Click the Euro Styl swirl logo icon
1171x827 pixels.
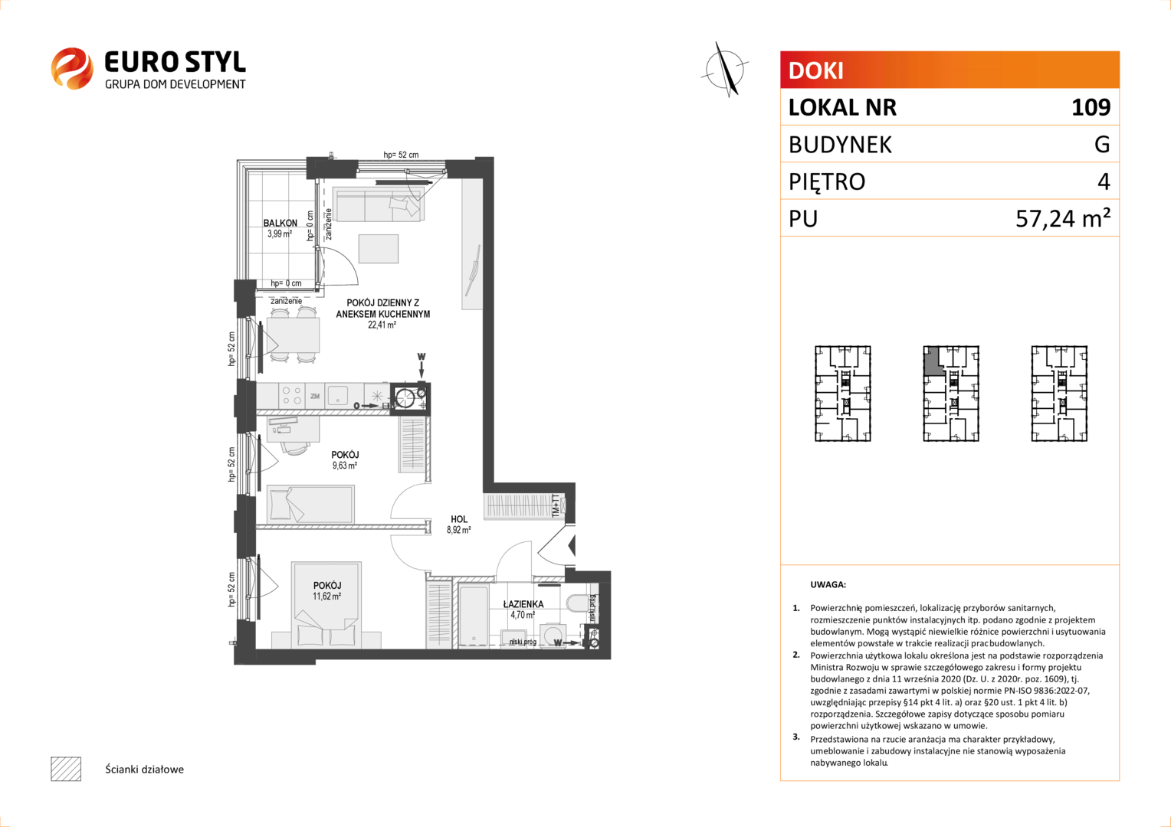72,68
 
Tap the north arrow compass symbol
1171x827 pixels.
725,70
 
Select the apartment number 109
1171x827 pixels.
1091,107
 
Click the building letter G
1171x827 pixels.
1102,144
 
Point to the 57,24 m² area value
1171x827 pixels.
1063,217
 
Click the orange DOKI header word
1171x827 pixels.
815,70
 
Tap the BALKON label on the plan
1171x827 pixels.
280,223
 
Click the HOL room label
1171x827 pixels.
459,518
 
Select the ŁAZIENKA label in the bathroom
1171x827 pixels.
523,604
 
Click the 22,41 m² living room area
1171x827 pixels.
382,325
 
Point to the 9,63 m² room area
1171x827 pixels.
345,466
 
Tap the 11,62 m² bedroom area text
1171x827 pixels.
326,596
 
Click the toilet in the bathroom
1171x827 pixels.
576,603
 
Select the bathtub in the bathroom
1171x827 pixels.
474,616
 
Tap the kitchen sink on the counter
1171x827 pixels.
338,395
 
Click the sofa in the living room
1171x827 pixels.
380,205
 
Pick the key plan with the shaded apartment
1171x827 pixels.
951,394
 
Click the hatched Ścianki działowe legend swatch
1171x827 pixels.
66,769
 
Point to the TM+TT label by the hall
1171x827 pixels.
556,506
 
